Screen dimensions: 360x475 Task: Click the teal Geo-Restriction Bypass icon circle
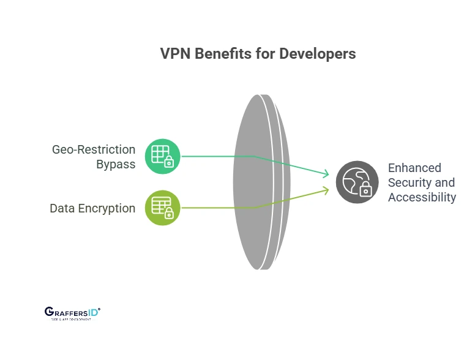click(163, 157)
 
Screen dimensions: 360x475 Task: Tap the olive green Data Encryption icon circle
click(163, 208)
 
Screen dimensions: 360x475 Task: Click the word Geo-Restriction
click(94, 149)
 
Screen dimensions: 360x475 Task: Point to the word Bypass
click(116, 164)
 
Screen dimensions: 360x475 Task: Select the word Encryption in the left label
click(107, 208)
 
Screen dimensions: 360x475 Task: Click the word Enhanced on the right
click(414, 168)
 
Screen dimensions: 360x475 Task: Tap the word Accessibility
click(422, 197)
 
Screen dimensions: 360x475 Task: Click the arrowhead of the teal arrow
click(327, 175)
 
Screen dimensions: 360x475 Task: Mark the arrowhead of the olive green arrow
click(327, 190)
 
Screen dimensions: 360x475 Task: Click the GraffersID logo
click(72, 313)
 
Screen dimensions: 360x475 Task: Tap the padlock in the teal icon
click(170, 163)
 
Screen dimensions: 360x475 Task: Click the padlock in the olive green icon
click(170, 214)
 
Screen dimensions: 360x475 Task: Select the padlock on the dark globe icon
click(365, 190)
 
